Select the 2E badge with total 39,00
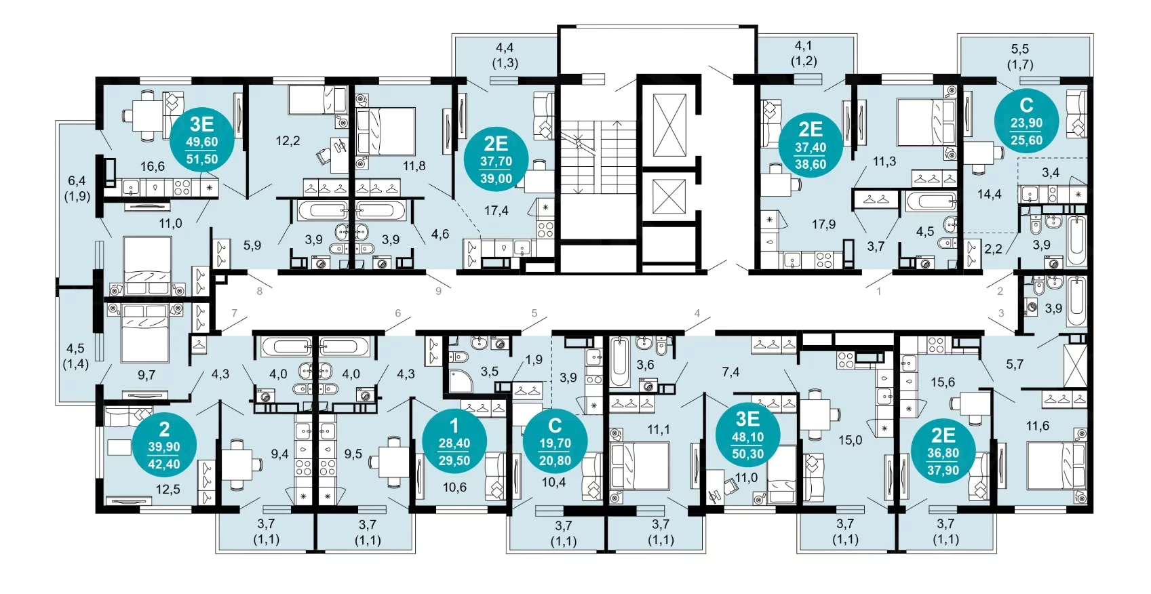(x=496, y=159)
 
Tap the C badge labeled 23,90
(x=1026, y=122)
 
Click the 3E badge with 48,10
(x=747, y=436)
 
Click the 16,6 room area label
(x=153, y=166)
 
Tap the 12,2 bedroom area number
(x=288, y=140)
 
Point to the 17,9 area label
(x=823, y=224)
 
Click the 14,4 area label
(x=989, y=194)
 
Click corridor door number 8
(x=260, y=292)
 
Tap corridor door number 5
(x=534, y=313)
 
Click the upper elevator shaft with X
(x=669, y=125)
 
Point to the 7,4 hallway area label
(x=730, y=372)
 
